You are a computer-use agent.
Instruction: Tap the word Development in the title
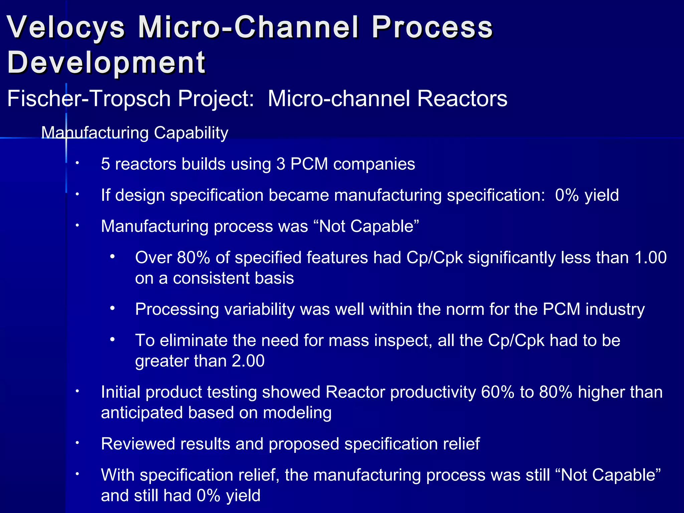[106, 62]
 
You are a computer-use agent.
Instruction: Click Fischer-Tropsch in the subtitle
[89, 99]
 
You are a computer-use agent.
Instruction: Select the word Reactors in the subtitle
[462, 99]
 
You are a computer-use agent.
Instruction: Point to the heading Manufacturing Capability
[135, 133]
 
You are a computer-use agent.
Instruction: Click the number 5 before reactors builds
[106, 164]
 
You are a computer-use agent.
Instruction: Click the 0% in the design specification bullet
[567, 195]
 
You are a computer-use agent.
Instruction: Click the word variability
[260, 309]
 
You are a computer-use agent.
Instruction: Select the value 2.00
[248, 361]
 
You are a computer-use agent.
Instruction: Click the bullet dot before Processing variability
[113, 309]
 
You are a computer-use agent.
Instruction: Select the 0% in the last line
[208, 496]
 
